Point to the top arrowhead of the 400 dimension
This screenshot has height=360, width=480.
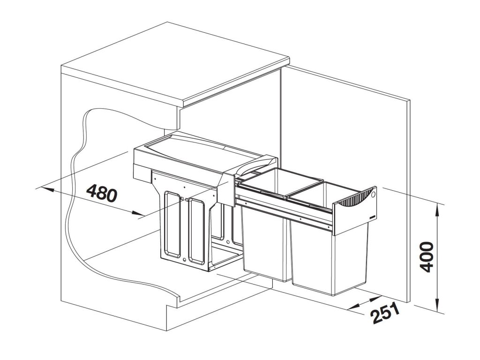pyautogui.click(x=437, y=208)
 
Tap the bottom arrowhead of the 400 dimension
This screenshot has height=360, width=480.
pyautogui.click(x=437, y=307)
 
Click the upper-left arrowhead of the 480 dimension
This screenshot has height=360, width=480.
pyautogui.click(x=47, y=189)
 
